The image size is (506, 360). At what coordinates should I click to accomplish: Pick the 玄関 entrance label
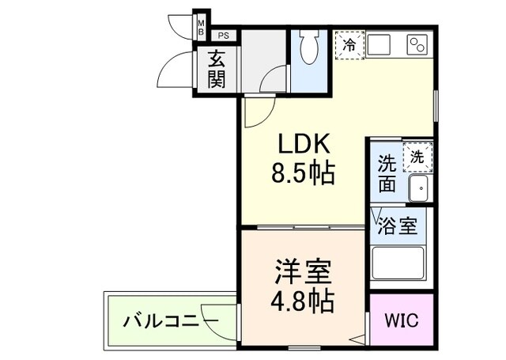click(216, 70)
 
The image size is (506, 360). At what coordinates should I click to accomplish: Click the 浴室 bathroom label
click(398, 225)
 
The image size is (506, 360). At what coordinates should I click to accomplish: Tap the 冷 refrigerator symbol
click(348, 45)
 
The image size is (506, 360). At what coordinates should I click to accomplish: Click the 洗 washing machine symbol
click(417, 157)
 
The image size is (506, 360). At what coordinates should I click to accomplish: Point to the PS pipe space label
click(225, 36)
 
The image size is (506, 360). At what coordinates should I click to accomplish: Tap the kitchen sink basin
click(376, 44)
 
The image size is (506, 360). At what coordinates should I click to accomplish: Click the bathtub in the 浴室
click(398, 262)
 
